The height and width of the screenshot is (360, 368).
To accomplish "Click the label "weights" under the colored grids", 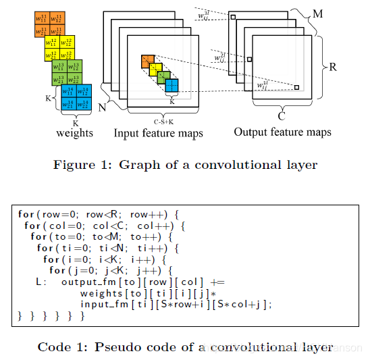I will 74,132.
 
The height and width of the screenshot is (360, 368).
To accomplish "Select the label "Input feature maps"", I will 158,133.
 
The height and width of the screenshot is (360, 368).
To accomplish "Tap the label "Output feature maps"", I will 282,132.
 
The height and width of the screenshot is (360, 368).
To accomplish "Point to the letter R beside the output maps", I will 334,67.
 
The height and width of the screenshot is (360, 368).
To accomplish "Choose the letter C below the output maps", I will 282,115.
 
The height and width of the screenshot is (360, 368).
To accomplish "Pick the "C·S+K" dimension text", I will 162,122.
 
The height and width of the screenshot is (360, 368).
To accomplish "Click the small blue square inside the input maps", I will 172,86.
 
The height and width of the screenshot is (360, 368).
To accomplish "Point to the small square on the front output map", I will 296,86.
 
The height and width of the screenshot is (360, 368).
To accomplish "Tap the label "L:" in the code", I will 41,282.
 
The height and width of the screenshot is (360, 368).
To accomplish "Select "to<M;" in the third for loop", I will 104,237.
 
